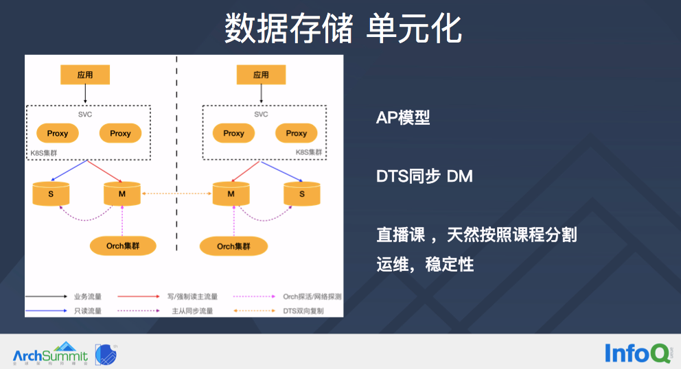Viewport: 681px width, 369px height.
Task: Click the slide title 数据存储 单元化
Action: point(343,29)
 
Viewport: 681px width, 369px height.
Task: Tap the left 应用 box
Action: point(85,75)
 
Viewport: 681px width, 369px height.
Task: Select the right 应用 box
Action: point(261,75)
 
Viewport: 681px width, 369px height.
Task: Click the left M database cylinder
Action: point(122,194)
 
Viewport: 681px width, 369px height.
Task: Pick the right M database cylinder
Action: point(231,194)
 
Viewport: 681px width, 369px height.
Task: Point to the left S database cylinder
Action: point(51,194)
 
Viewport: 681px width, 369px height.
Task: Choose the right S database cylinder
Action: point(302,194)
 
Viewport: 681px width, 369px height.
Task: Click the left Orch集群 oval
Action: point(124,246)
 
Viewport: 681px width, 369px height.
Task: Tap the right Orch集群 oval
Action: point(233,246)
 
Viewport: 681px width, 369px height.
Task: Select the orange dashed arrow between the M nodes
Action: point(176,194)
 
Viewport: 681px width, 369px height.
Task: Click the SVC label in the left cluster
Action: point(85,114)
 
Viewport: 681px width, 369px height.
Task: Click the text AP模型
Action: point(403,117)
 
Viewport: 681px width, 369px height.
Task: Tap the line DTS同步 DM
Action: point(424,176)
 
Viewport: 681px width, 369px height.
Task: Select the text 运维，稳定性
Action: point(425,263)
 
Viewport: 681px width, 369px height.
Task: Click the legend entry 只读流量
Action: point(87,311)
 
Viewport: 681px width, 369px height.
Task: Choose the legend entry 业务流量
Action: point(87,297)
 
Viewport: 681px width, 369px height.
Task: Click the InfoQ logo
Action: point(637,353)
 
